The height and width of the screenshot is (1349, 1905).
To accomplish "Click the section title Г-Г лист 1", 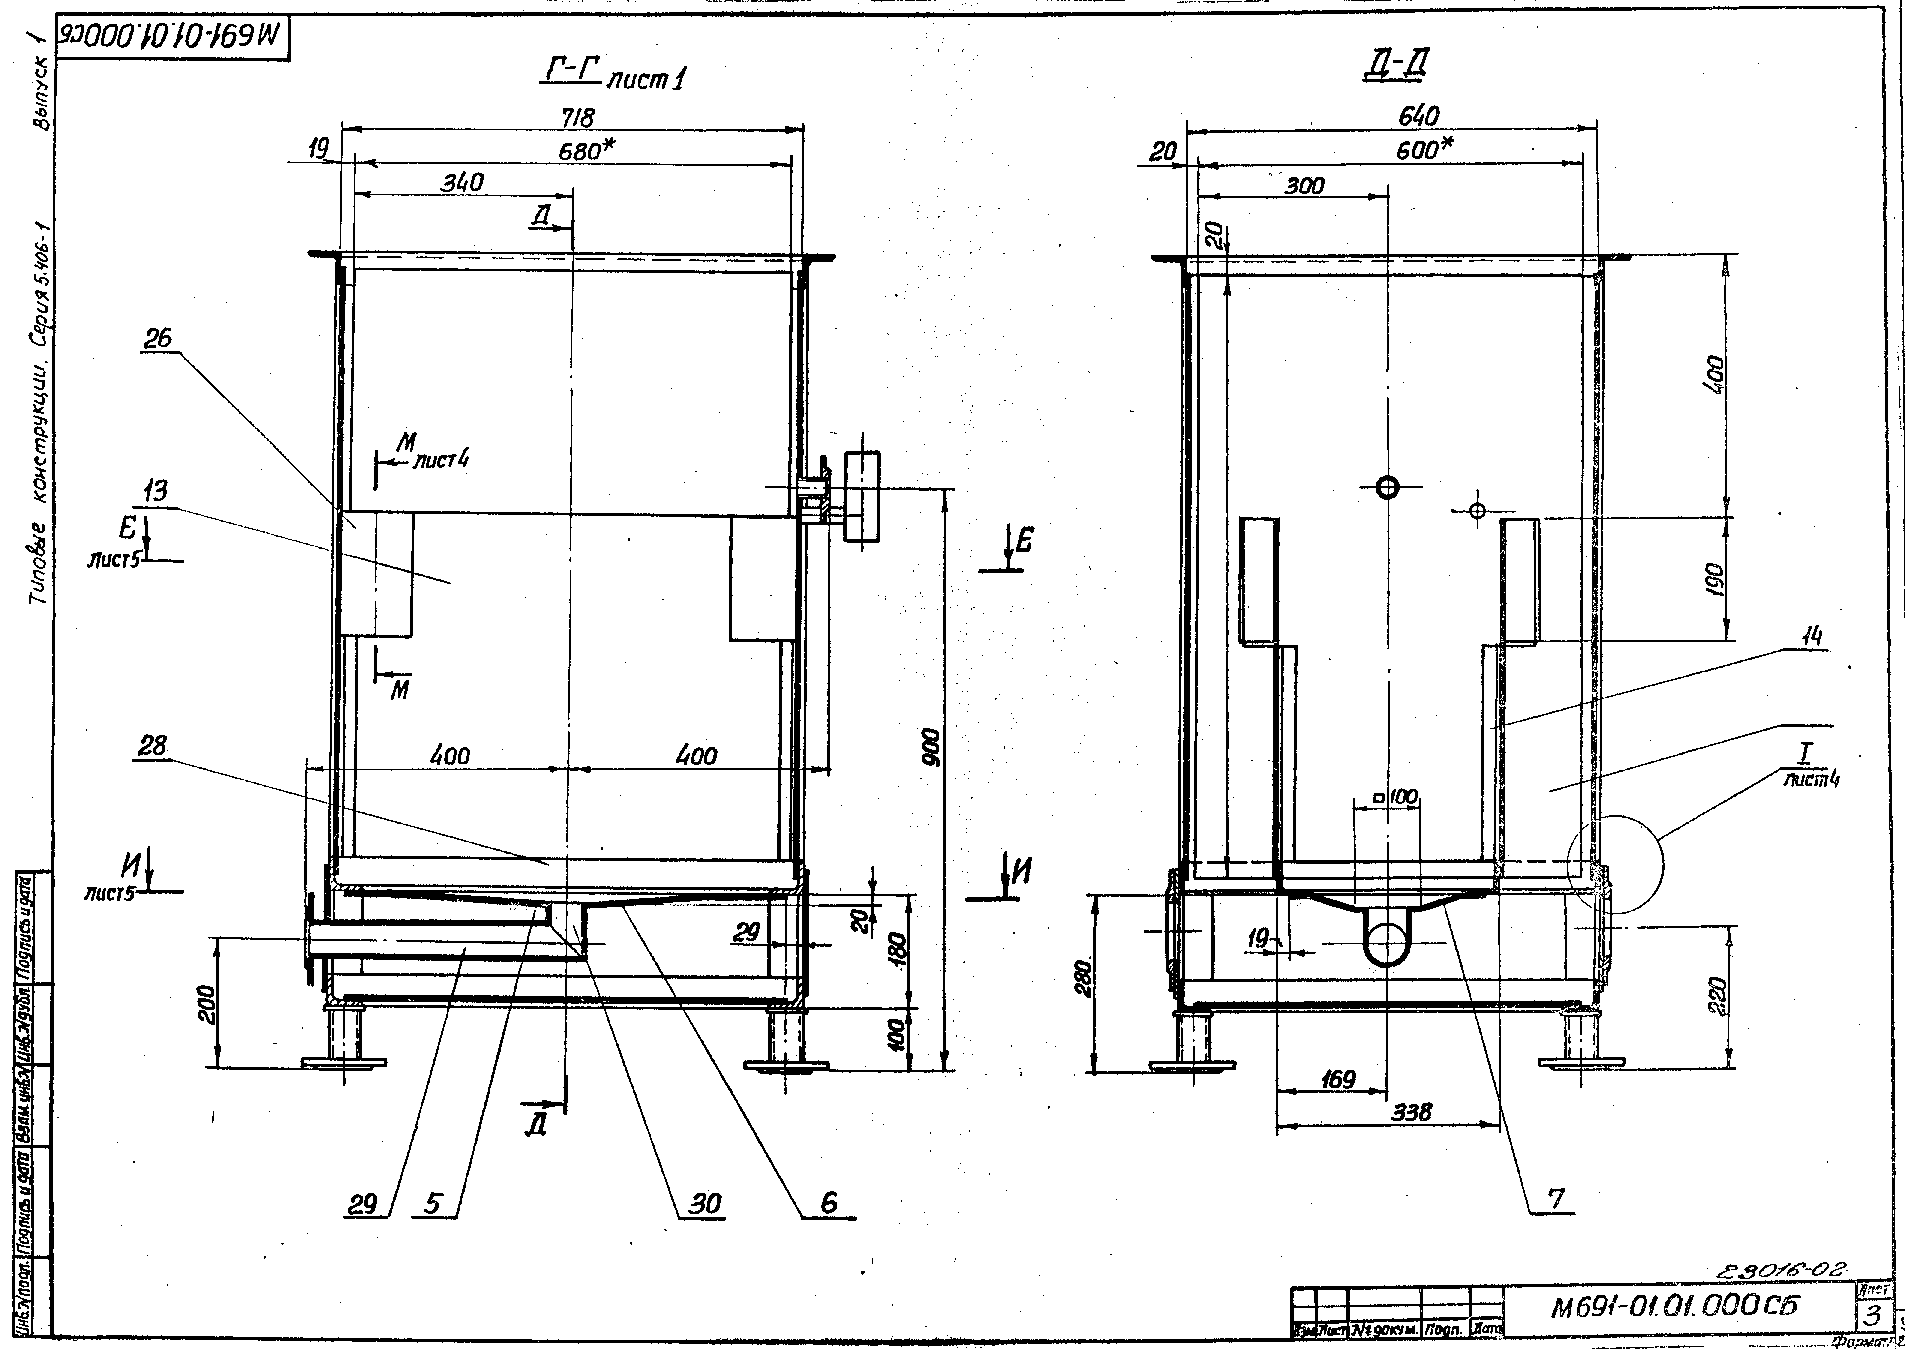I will click(x=615, y=76).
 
